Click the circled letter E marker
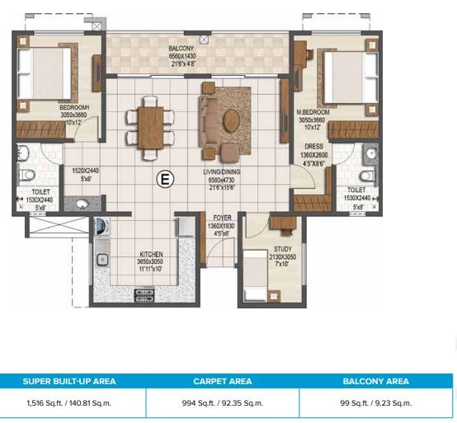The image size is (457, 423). click(165, 177)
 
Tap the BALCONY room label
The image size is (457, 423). click(160, 49)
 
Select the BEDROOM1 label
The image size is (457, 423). click(74, 107)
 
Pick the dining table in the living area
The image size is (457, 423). click(150, 125)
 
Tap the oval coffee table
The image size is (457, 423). click(232, 120)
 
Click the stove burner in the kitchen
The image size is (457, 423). click(144, 294)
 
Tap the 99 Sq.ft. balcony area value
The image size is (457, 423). click(376, 403)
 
